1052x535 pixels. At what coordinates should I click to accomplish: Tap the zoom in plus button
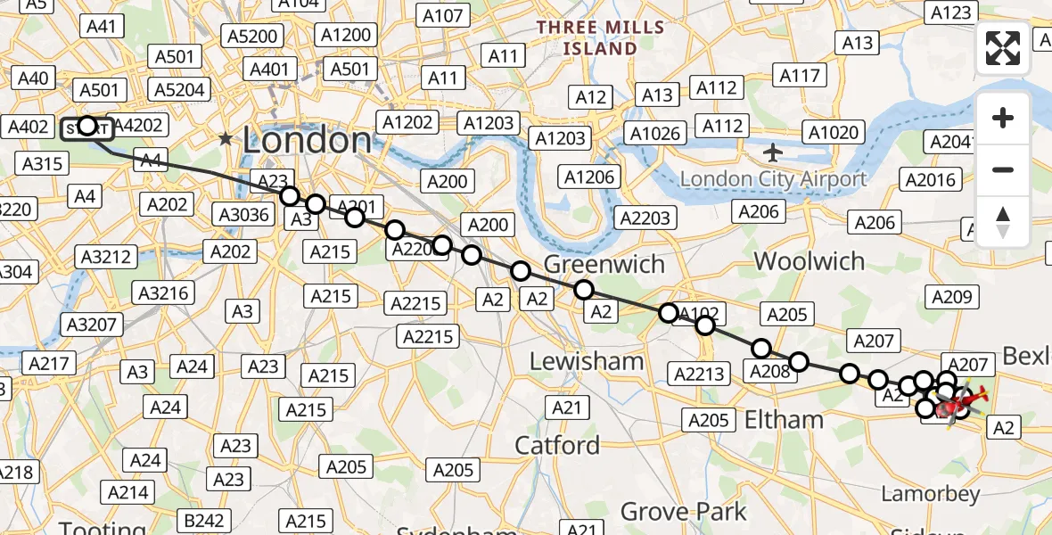1003,118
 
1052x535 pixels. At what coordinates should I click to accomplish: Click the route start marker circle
87,126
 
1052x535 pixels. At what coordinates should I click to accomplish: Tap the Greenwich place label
604,264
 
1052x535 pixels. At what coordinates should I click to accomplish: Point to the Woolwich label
809,261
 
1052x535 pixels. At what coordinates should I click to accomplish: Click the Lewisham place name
586,361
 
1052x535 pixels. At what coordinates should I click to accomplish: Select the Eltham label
783,419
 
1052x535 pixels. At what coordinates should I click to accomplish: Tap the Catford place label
558,444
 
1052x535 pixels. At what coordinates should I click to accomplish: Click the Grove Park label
683,512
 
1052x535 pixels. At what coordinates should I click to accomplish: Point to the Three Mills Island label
599,37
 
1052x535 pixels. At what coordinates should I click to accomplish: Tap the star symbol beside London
226,139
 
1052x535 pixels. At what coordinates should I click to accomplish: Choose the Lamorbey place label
930,493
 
